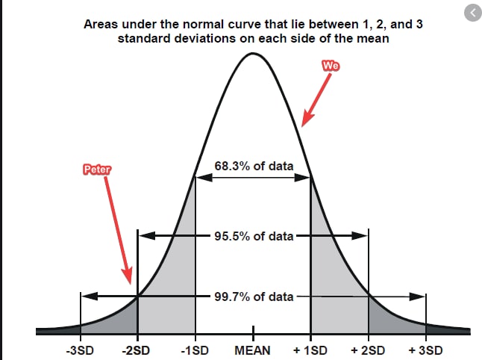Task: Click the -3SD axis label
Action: pyautogui.click(x=80, y=350)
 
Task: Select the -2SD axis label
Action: pyautogui.click(x=136, y=350)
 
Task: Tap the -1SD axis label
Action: pyautogui.click(x=195, y=350)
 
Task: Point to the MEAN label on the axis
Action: pyautogui.click(x=253, y=350)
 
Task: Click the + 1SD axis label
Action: pyautogui.click(x=310, y=350)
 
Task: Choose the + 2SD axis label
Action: pyautogui.click(x=368, y=350)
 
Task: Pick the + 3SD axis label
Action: pyautogui.click(x=425, y=350)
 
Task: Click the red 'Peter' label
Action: pyautogui.click(x=97, y=170)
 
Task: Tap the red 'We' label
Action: pyautogui.click(x=331, y=66)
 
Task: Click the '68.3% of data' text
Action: pyautogui.click(x=254, y=166)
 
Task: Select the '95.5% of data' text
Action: pyautogui.click(x=254, y=236)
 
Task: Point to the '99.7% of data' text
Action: pyautogui.click(x=254, y=297)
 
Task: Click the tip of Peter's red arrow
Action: pyautogui.click(x=131, y=284)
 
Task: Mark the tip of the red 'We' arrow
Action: pyautogui.click(x=302, y=126)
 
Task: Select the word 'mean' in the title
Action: pyautogui.click(x=373, y=39)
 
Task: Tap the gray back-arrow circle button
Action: pyautogui.click(x=473, y=13)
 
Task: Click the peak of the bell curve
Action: pyautogui.click(x=253, y=54)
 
